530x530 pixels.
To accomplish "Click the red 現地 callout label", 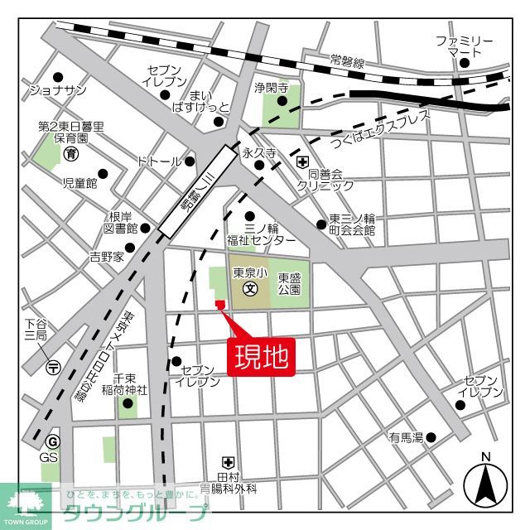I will [261, 356].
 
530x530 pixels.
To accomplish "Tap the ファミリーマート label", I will [465, 46].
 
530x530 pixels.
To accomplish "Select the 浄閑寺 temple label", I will [270, 87].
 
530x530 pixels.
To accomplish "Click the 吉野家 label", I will [107, 257].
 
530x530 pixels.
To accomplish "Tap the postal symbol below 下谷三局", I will [53, 366].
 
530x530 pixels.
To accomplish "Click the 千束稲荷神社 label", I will [130, 383].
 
